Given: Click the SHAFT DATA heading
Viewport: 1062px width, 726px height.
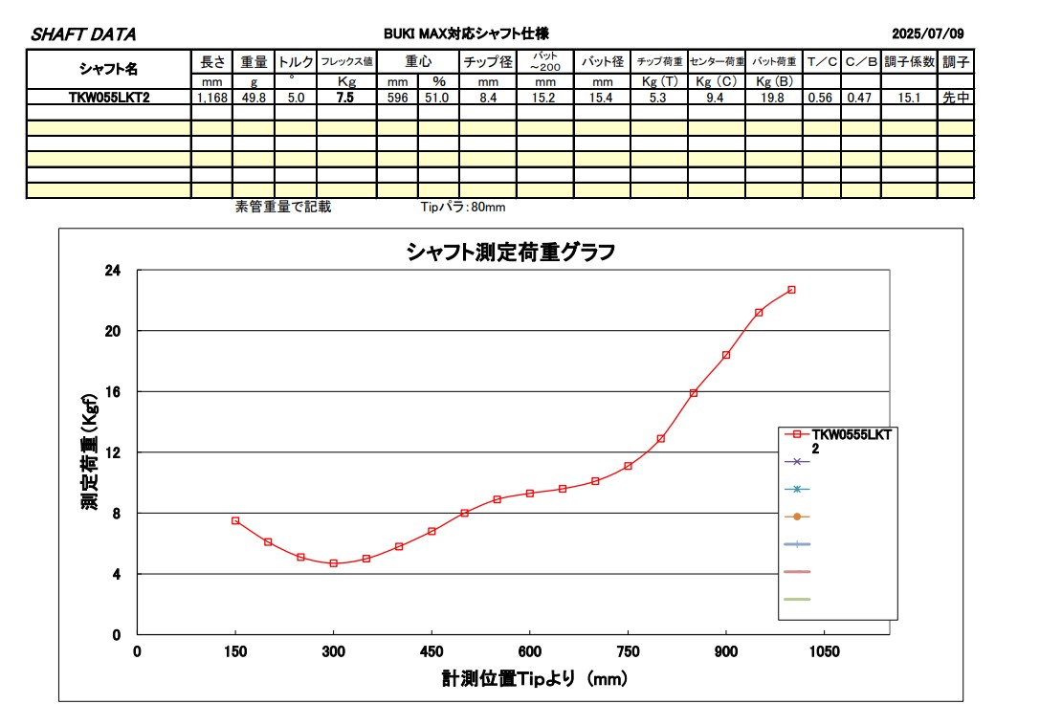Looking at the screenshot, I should [83, 34].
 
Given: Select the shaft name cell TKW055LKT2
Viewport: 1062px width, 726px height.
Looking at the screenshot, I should [109, 97].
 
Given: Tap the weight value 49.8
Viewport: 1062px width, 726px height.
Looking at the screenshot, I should [254, 97].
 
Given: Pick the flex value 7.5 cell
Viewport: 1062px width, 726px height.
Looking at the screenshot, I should [346, 97].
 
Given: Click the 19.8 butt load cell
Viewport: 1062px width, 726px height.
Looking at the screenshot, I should [773, 97].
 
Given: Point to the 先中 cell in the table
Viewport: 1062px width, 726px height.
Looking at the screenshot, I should [955, 97].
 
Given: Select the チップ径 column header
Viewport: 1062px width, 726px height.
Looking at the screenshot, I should [488, 62].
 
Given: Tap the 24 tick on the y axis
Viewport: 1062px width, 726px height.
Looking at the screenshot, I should [113, 271].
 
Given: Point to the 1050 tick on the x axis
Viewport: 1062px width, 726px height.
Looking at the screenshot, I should [825, 651].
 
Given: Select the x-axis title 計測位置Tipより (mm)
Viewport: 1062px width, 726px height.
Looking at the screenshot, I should [534, 679].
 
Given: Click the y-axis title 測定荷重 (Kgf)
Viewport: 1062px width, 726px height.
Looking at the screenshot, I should [89, 451].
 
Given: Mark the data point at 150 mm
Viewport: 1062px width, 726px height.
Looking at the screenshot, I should [235, 520].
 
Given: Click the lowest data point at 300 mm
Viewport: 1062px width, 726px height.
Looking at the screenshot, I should [334, 563].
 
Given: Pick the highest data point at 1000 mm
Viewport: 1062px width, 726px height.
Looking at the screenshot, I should [791, 290].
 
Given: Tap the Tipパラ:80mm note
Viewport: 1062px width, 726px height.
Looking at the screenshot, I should [463, 207].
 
